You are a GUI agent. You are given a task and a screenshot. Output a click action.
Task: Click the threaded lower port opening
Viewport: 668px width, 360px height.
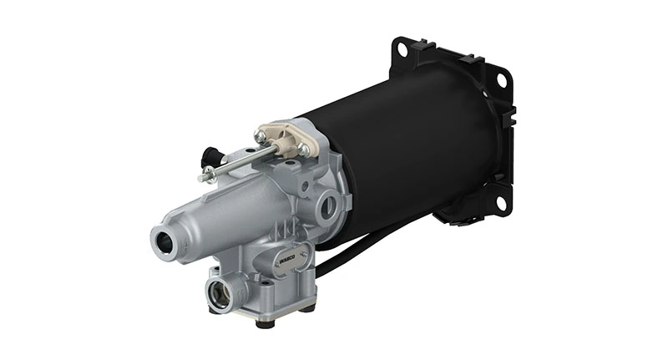[x=220, y=293]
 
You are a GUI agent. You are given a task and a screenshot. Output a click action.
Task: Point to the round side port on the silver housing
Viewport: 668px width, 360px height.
[x=331, y=201]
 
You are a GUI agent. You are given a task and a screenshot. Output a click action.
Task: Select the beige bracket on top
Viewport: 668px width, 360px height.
[x=284, y=136]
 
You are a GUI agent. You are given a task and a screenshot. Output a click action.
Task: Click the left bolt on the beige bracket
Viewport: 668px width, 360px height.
[x=261, y=135]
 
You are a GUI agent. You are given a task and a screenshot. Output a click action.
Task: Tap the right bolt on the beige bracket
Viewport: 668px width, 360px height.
[x=303, y=150]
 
